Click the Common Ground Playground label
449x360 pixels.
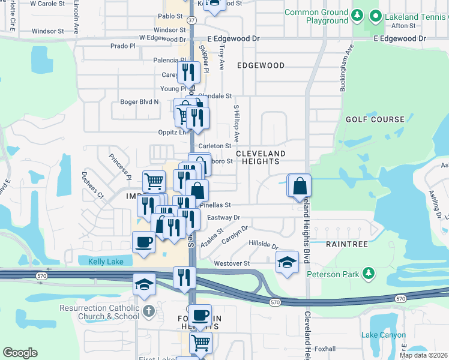coord(316,16)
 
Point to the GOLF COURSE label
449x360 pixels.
coord(375,119)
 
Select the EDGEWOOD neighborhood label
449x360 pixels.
coord(261,65)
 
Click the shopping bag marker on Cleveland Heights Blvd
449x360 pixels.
coord(300,186)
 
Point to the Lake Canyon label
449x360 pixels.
coord(383,335)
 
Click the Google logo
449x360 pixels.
coord(20,353)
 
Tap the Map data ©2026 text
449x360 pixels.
coord(423,355)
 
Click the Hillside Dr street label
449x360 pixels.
coord(264,245)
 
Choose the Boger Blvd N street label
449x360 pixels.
coord(139,102)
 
